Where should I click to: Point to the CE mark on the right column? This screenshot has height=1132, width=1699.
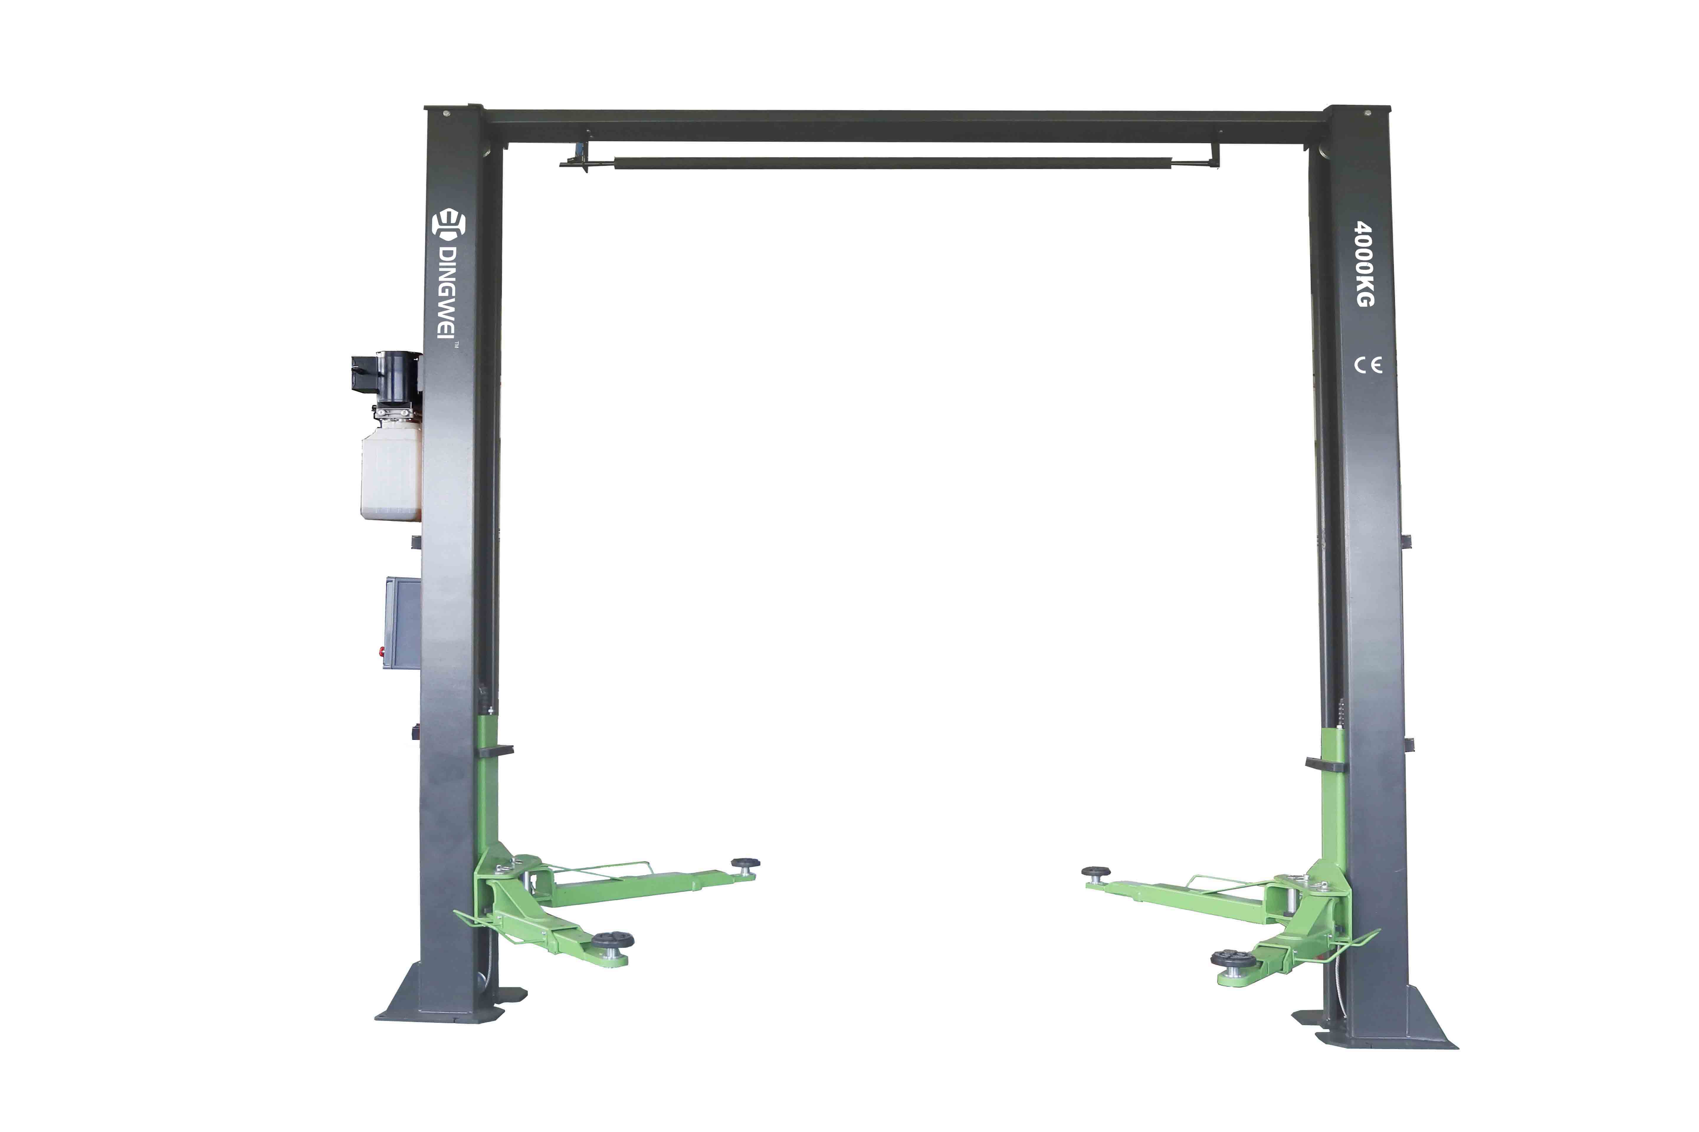coord(1367,365)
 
